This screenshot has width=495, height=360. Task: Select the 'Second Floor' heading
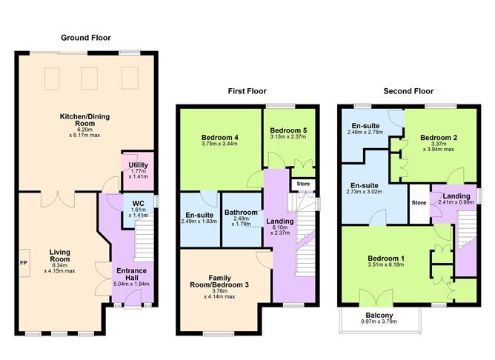click(408, 92)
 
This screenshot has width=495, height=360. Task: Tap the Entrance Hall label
click(133, 276)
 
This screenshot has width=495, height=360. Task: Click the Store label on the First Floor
click(303, 184)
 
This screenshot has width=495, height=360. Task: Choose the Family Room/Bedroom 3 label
click(219, 281)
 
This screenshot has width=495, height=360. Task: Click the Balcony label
click(379, 316)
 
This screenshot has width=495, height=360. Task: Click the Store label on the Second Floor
click(419, 202)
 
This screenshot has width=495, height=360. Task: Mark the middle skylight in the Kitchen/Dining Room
click(88, 79)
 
